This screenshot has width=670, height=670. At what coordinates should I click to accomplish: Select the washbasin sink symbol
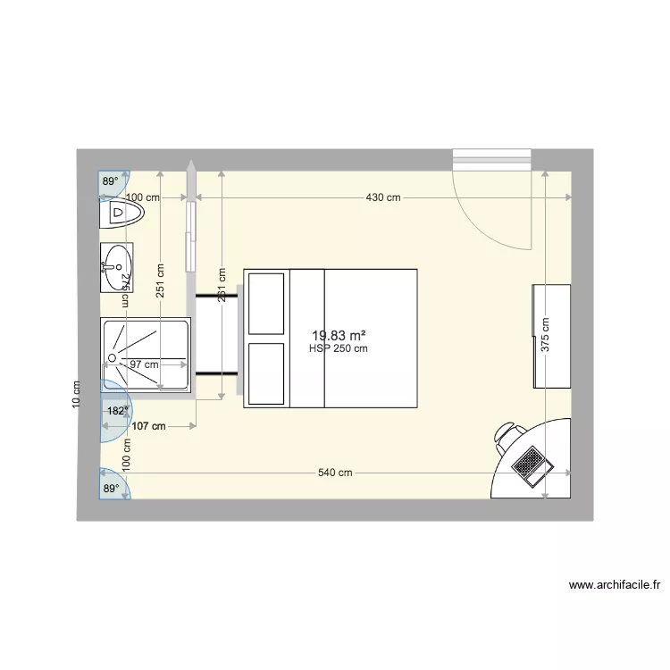116,264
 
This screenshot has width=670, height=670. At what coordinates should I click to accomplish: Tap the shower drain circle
113,358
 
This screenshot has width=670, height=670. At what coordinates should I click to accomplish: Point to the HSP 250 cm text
339,348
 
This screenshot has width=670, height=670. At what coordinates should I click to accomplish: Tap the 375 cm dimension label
546,337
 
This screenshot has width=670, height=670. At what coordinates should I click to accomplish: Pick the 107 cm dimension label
148,427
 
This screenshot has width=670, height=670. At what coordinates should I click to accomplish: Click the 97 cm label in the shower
145,364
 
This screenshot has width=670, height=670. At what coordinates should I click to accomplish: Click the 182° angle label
118,412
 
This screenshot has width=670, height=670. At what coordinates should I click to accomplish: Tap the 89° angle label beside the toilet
110,181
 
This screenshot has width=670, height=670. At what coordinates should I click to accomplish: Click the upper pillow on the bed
266,303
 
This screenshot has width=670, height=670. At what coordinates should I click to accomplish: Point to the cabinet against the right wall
552,336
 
